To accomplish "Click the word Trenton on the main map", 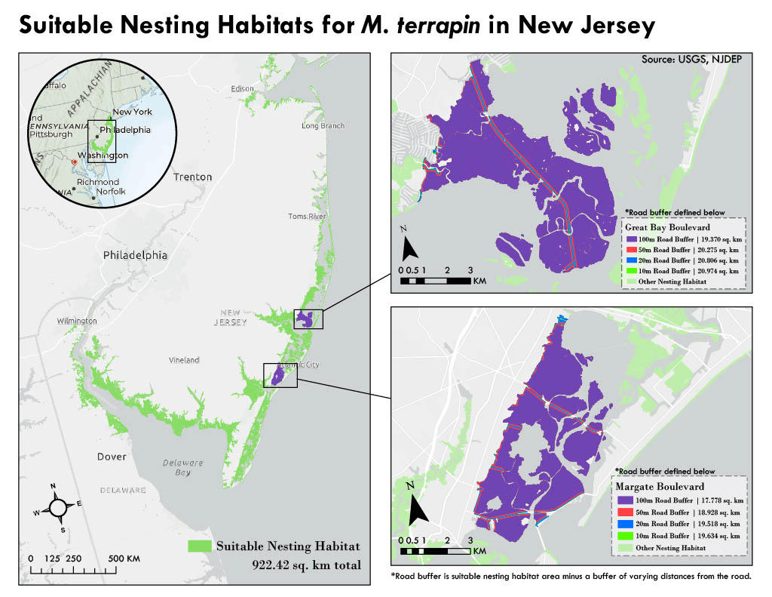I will click(x=192, y=177).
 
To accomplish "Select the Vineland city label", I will click(x=184, y=360).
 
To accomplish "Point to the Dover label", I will click(x=112, y=457).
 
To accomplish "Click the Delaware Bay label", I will click(x=183, y=467).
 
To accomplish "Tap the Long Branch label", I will click(x=323, y=126).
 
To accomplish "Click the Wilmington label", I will click(x=77, y=321).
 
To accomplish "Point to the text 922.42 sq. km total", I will click(x=305, y=565).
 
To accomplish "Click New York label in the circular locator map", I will click(x=132, y=112).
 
